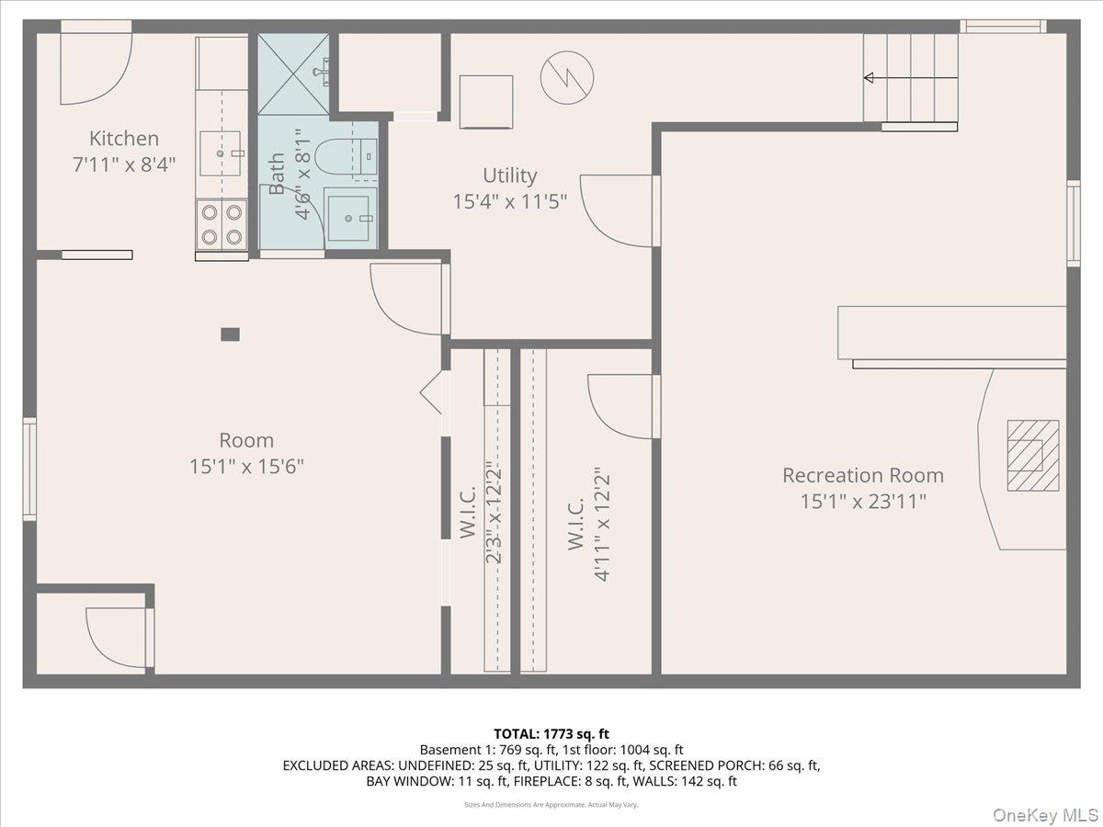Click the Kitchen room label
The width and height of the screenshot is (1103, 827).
pos(124,139)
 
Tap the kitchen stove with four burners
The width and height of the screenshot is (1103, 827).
pos(222,224)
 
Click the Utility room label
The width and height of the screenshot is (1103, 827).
pos(509,176)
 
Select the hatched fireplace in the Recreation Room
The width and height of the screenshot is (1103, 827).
pos(1032,455)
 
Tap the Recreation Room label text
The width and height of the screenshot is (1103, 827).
pos(862,475)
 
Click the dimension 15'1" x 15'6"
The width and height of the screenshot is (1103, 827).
pos(246,467)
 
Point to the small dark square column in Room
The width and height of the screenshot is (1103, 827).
pos(231,334)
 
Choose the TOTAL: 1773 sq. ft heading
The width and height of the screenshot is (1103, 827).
pos(551,733)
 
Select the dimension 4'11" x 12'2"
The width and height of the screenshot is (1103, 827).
pos(602,526)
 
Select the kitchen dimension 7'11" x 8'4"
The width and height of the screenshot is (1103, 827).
pos(124,164)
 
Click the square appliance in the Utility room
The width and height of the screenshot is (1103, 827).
pos(485,101)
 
